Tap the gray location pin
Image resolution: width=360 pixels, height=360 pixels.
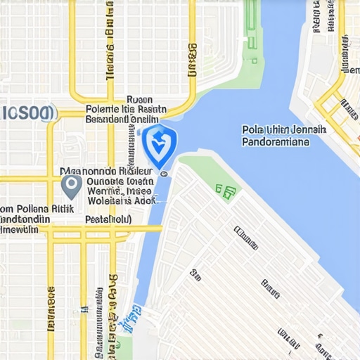(x=70, y=186)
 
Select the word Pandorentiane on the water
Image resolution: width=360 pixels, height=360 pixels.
(x=275, y=141)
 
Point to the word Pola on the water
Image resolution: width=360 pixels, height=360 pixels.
(x=252, y=130)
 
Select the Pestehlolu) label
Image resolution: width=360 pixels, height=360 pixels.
(x=108, y=219)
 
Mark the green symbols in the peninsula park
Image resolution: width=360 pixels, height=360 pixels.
(x=226, y=191)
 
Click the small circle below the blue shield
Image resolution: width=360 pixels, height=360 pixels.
(x=164, y=171)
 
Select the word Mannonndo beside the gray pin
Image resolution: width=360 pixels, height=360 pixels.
(x=88, y=170)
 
